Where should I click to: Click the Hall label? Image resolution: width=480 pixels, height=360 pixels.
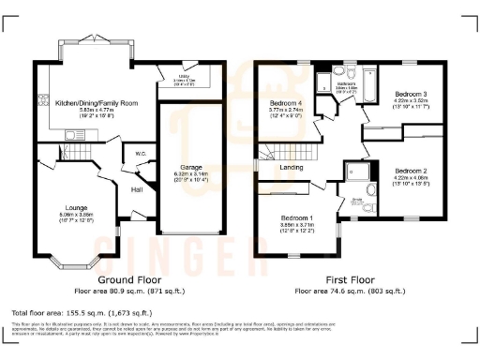click(136, 189)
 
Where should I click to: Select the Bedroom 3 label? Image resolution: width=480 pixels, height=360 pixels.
click(411, 95)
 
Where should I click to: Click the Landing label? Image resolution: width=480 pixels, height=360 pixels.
click(292, 168)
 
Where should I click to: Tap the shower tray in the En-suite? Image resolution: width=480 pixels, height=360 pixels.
click(357, 172)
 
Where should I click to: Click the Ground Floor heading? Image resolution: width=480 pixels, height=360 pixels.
click(127, 280)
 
